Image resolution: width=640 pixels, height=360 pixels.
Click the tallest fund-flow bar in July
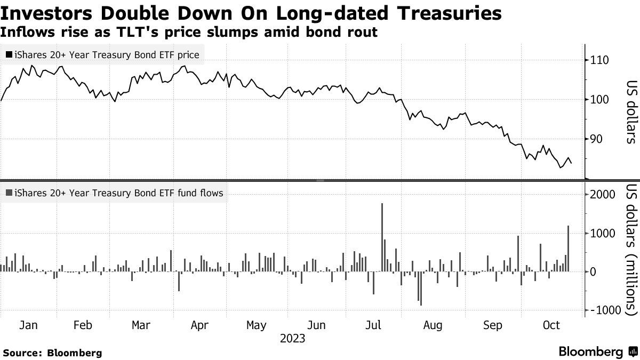coord(382,237)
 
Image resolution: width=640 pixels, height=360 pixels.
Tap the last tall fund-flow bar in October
coord(569,249)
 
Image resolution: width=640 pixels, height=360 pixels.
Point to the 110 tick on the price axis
coord(599,60)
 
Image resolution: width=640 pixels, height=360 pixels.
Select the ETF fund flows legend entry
coord(113,193)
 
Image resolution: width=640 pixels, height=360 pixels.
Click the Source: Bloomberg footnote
coord(52,353)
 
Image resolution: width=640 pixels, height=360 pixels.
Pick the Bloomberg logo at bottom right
coord(598,351)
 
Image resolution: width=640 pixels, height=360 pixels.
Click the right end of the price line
coord(572,163)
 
